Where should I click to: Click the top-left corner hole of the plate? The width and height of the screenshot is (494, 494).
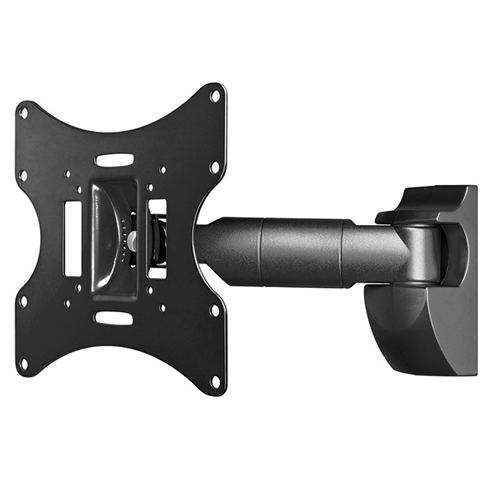click(23, 112)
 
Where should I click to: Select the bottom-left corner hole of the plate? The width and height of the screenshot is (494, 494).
click(23, 364)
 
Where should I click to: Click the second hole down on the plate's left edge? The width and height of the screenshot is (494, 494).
click(23, 175)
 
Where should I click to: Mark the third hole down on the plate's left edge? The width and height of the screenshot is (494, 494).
click(23, 301)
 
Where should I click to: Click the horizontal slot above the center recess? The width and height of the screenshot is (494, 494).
click(114, 161)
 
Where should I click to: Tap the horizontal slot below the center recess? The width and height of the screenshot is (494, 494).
click(114, 317)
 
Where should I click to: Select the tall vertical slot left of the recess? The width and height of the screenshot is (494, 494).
click(73, 238)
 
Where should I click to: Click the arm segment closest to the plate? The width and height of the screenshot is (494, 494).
click(227, 250)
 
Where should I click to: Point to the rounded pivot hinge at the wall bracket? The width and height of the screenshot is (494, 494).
click(424, 254)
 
